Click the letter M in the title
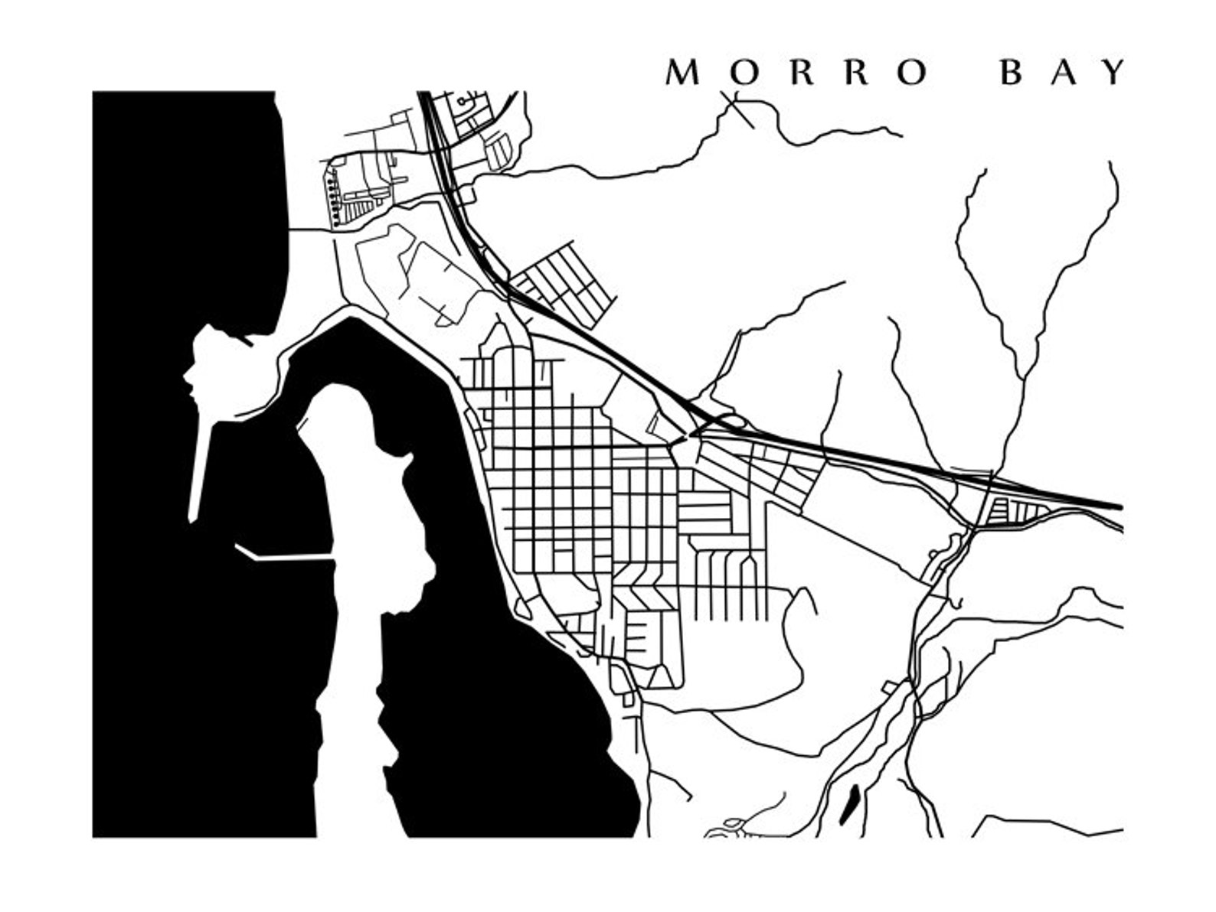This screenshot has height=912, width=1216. pyautogui.click(x=684, y=73)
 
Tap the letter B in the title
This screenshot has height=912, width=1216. pyautogui.click(x=1012, y=73)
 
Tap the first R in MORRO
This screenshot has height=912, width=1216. pyautogui.click(x=801, y=73)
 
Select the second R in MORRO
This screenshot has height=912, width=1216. pyautogui.click(x=858, y=73)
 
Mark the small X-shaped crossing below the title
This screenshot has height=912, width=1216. pyautogui.click(x=737, y=107)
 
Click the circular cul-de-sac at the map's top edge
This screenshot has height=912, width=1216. pyautogui.click(x=463, y=100)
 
